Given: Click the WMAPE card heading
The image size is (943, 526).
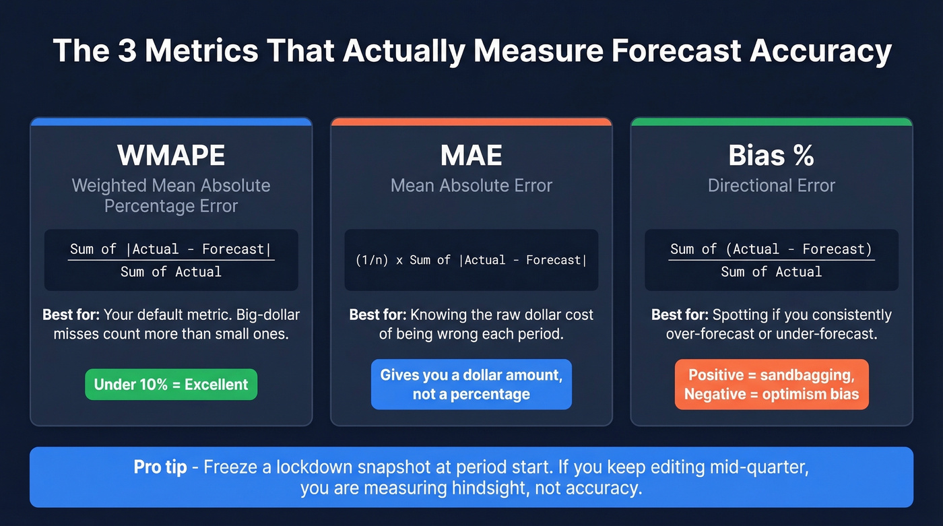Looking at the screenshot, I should click(171, 156).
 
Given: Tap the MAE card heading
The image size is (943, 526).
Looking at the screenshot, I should click(471, 156).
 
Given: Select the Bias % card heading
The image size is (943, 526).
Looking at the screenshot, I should click(771, 156).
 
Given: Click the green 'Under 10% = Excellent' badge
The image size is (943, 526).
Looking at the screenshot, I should click(171, 385).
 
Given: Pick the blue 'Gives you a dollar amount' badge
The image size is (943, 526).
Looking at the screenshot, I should click(471, 385).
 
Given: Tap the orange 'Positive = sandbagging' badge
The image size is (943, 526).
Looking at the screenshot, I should click(771, 385).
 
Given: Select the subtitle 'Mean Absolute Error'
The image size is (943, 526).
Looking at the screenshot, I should click(471, 186).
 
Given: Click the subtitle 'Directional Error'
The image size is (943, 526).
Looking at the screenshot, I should click(771, 186).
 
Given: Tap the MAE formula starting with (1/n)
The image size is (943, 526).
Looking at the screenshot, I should click(471, 260).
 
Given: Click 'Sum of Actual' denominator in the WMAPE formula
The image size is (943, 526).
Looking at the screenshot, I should click(171, 272).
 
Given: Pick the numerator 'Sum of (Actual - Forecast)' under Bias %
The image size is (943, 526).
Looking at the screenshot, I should click(771, 249).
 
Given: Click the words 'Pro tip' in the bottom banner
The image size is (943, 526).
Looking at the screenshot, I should click(160, 467).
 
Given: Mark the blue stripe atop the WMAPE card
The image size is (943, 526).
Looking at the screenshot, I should click(171, 122).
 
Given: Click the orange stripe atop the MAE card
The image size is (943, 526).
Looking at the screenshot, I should click(471, 122).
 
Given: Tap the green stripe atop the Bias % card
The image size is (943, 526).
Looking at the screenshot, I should click(771, 122).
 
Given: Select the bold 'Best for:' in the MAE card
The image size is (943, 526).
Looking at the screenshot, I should click(377, 315).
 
